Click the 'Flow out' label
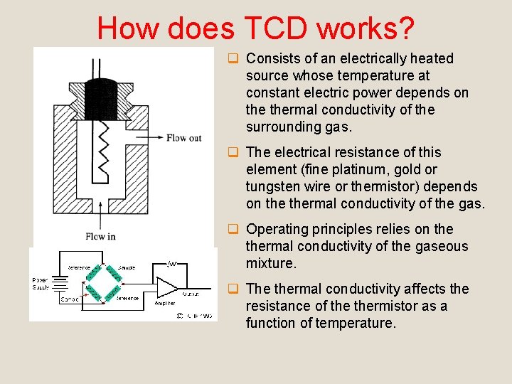coord(184,138)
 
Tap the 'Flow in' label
coord(100,237)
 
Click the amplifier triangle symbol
coord(167,287)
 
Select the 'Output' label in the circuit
coord(190,294)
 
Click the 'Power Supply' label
coord(41,284)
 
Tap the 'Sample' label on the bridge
coord(127,267)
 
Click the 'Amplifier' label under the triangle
coord(164,303)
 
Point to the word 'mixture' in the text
coord(270,263)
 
